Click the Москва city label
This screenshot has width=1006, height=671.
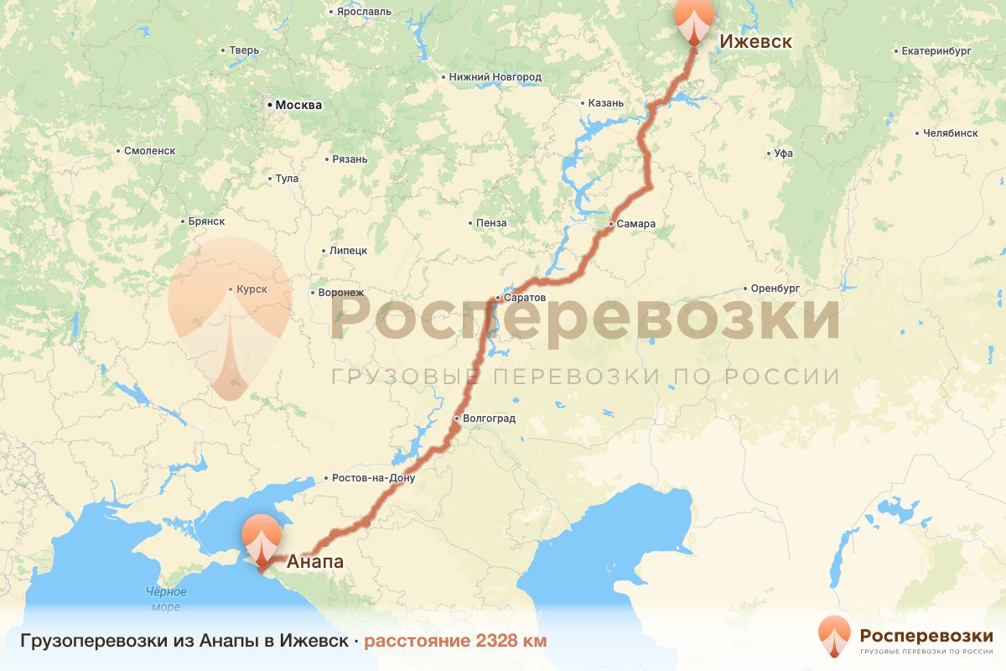tap(298, 106)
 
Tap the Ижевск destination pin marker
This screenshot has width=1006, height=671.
tap(694, 22)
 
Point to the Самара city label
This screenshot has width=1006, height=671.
tap(635, 225)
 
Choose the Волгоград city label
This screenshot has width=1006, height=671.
tap(489, 418)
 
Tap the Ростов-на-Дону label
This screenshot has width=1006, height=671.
tap(373, 478)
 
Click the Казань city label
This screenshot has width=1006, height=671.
tap(606, 103)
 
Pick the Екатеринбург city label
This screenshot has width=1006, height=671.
tap(936, 51)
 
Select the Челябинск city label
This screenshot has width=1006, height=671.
tap(950, 133)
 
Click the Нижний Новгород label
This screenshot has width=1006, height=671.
tap(495, 77)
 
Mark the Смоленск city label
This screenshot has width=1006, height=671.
tap(148, 151)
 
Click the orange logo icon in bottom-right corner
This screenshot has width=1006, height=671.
tap(834, 637)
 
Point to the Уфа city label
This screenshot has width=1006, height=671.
tap(784, 153)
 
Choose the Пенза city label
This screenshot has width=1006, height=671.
tap(490, 223)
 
